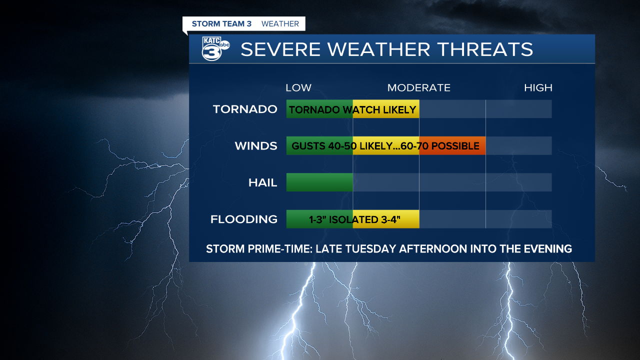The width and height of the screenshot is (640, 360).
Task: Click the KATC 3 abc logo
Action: click(x=215, y=48)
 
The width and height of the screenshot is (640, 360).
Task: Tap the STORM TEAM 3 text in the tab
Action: click(x=221, y=23)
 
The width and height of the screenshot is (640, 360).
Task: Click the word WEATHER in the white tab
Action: click(x=280, y=23)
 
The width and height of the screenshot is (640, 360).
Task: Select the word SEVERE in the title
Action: click(x=280, y=49)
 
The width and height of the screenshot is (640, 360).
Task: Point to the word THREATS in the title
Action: click(x=485, y=49)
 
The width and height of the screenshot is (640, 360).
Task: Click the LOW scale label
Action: click(x=298, y=87)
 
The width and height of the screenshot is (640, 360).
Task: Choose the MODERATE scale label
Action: click(x=419, y=87)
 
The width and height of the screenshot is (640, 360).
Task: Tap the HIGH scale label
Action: click(x=538, y=87)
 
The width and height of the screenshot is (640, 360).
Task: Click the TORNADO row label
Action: click(x=245, y=109)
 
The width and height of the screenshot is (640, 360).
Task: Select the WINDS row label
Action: click(x=256, y=146)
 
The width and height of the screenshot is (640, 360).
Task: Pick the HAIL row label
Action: click(x=263, y=182)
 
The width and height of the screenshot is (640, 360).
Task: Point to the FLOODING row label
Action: click(x=244, y=219)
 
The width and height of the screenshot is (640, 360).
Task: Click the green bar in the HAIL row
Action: click(x=319, y=182)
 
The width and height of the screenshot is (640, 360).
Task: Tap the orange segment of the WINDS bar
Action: click(x=452, y=145)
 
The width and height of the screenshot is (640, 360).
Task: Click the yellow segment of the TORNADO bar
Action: click(x=386, y=109)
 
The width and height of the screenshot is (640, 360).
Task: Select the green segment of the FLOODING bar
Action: click(x=319, y=219)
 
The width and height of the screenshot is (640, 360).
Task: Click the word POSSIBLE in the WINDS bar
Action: click(x=455, y=146)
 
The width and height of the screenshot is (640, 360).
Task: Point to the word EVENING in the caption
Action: click(x=547, y=249)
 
